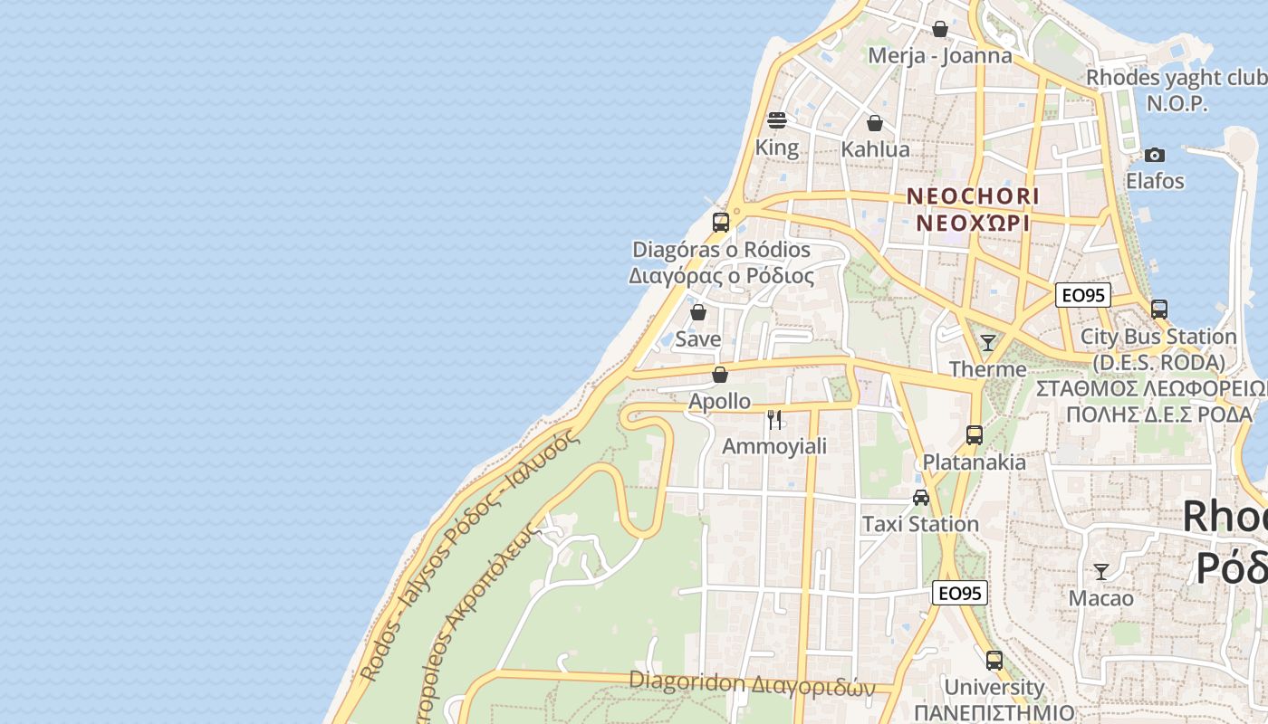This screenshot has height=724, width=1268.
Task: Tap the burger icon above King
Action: click(776, 120)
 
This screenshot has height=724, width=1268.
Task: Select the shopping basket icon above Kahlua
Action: click(875, 123)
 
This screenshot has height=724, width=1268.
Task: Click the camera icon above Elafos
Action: click(1154, 155)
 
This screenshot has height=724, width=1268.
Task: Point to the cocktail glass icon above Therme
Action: click(988, 342)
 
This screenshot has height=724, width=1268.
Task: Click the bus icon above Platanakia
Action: click(975, 435)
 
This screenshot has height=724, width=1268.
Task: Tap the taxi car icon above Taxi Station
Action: click(921, 497)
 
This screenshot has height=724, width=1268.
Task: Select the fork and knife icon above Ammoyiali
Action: click(774, 419)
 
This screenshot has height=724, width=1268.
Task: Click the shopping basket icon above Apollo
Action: click(720, 374)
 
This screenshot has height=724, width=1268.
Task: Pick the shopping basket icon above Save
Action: click(698, 312)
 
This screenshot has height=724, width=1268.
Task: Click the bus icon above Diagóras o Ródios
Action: click(721, 222)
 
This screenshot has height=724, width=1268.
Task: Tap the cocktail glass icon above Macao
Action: click(1101, 571)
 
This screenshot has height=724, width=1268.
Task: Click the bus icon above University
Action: click(994, 661)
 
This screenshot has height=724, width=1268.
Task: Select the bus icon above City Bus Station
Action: click(1159, 310)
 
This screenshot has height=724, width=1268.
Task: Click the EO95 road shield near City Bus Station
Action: click(1083, 295)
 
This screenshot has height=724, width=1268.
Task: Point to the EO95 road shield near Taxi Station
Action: click(960, 594)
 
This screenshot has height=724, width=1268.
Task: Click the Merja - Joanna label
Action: click(940, 56)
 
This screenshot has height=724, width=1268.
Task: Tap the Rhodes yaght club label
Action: click(1177, 79)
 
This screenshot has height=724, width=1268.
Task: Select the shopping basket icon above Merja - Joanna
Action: click(940, 30)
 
